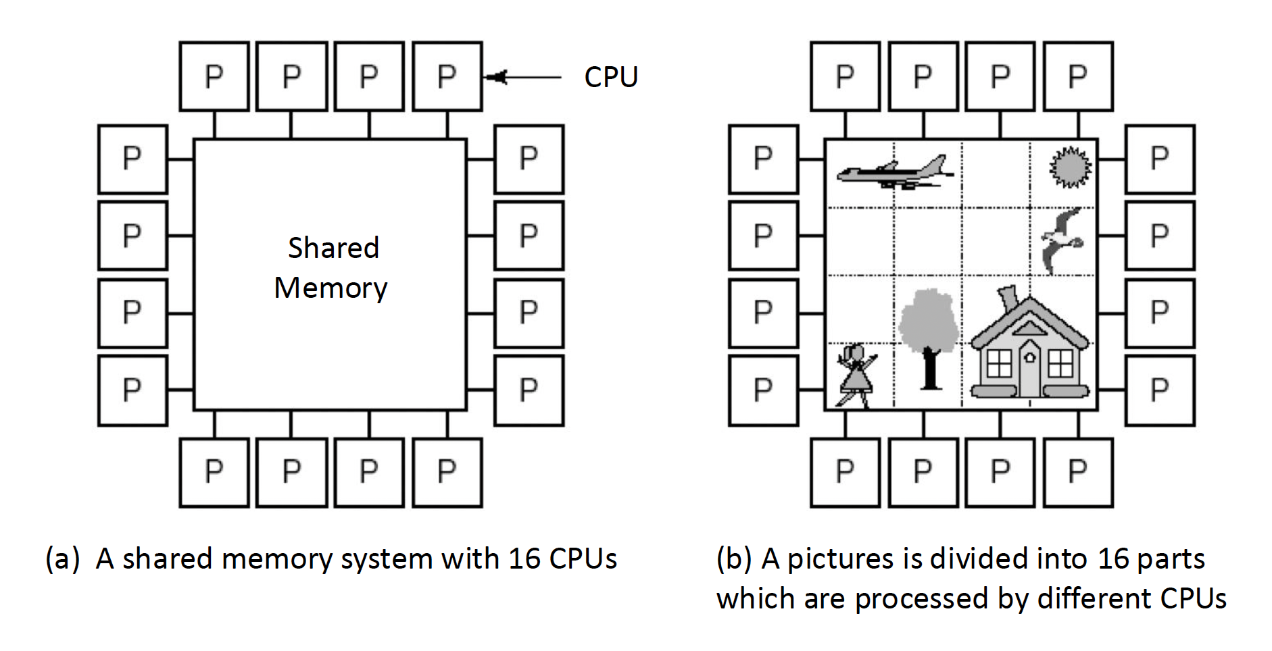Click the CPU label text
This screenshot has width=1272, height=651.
(611, 77)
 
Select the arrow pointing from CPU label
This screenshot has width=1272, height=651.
(524, 77)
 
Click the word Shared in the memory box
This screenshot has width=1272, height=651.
(333, 248)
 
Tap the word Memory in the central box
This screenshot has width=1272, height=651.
(331, 288)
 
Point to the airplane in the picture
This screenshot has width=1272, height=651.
(894, 173)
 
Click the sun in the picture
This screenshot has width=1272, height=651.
(1070, 166)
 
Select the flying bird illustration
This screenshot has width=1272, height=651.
(1062, 239)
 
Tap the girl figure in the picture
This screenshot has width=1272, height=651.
(854, 375)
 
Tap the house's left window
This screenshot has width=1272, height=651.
(998, 365)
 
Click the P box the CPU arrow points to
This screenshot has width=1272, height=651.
(447, 76)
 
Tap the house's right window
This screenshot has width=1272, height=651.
(1060, 365)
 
